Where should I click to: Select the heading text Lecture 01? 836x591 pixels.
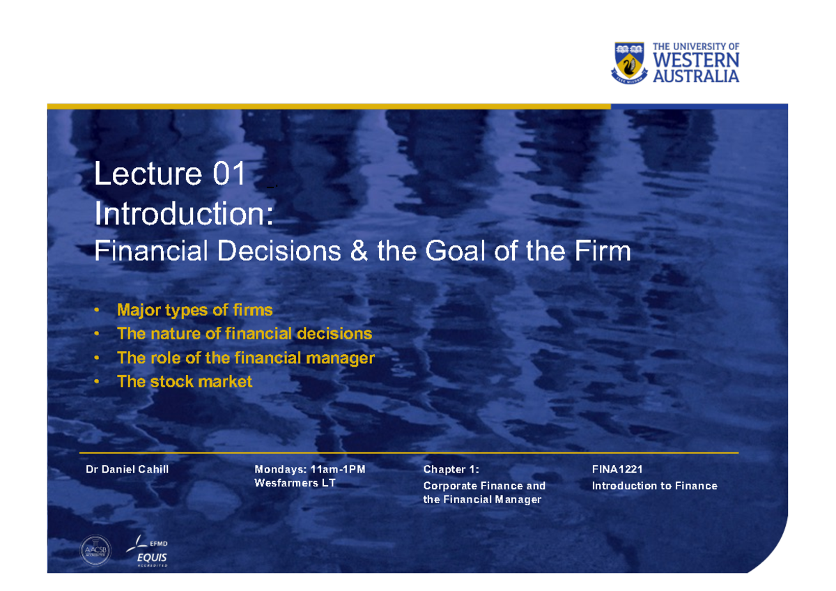pos(170,174)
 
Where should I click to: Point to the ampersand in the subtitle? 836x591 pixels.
pos(359,250)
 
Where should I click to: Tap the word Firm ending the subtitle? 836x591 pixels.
pos(603,250)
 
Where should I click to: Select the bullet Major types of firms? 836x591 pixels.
pos(195,309)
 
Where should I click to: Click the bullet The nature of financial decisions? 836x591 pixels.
pos(245,334)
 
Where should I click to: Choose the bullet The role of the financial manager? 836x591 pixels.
pos(246,358)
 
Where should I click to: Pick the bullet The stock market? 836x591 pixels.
pos(185,382)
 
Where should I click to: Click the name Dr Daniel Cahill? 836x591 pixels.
pos(127,470)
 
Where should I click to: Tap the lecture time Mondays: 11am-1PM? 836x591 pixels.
pos(310,470)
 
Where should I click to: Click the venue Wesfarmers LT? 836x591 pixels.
pos(295,483)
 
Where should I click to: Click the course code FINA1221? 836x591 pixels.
pos(617,470)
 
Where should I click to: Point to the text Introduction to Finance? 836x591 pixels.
pos(654,486)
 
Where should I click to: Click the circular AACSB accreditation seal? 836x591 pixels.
pos(95,550)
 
